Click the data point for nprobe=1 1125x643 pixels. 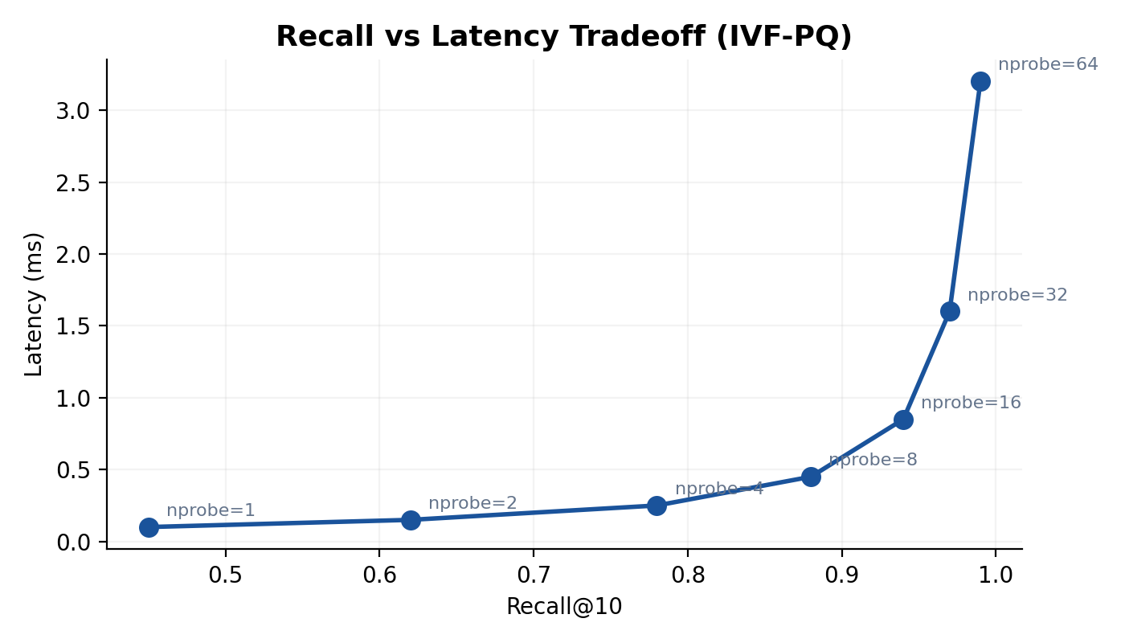point(149,527)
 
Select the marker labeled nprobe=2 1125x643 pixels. point(411,520)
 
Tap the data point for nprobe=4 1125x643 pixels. point(657,506)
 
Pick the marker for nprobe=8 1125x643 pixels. point(811,477)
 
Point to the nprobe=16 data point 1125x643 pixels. point(903,420)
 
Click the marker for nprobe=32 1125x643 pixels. point(950,311)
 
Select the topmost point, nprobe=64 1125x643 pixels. point(980,81)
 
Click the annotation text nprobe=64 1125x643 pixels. point(1048,64)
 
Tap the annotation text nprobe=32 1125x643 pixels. point(1017,295)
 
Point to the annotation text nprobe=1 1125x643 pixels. point(211,510)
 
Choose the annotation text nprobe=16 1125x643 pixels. point(971,403)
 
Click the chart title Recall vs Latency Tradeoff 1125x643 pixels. point(563,37)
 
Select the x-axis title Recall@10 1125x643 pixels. point(564,607)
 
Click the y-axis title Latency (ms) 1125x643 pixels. point(34,304)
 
